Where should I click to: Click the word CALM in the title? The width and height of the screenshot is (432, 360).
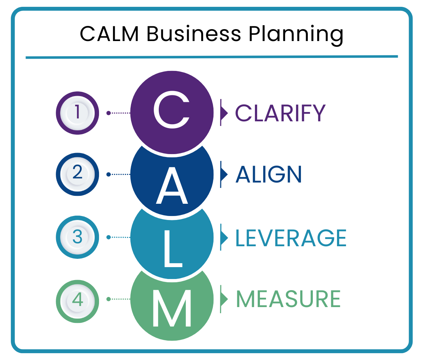(x=109, y=34)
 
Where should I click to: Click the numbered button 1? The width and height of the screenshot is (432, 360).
(x=77, y=113)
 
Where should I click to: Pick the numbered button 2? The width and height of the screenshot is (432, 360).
(x=77, y=174)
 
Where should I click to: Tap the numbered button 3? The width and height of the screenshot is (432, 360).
(x=77, y=237)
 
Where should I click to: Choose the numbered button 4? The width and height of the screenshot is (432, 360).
(x=77, y=299)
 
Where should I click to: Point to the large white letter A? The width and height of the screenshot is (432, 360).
(x=172, y=185)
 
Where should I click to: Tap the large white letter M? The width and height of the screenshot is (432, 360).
(x=172, y=308)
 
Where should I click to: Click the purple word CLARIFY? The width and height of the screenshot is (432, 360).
(x=280, y=113)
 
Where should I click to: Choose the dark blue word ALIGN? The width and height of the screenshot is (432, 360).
(x=269, y=175)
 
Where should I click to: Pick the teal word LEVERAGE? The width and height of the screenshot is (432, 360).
(x=291, y=238)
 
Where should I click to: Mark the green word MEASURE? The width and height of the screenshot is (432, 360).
(x=288, y=299)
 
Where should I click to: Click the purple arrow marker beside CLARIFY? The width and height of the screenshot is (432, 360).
(x=224, y=113)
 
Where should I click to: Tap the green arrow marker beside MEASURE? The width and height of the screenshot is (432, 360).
(x=224, y=299)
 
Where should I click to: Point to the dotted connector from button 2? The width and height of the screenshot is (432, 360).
(x=119, y=174)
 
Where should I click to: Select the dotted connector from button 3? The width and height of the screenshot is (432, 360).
(x=119, y=237)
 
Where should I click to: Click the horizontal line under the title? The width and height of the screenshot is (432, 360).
(x=212, y=57)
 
